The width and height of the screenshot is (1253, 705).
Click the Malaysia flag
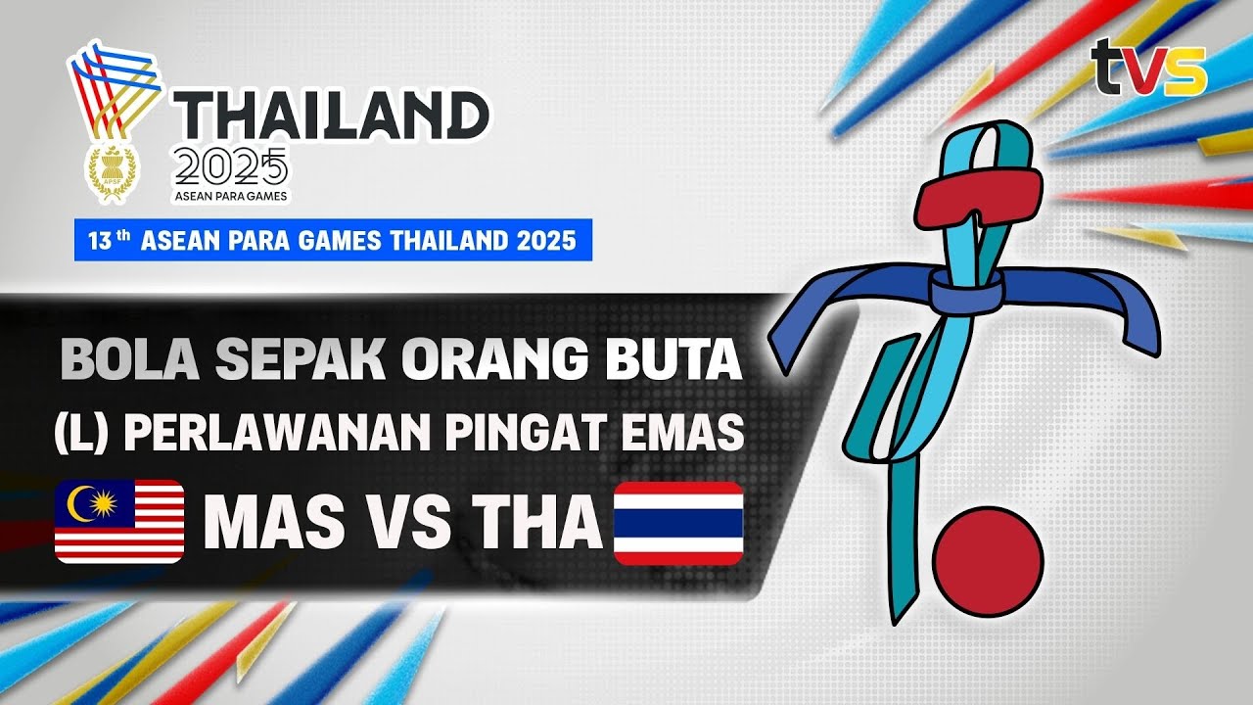pyautogui.click(x=119, y=521)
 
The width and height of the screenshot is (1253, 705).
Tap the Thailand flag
pyautogui.click(x=677, y=523)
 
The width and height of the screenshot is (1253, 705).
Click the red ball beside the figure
pyautogui.click(x=988, y=561)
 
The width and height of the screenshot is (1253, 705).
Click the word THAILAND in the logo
pyautogui.click(x=332, y=117)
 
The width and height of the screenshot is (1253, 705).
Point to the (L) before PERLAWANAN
pyautogui.click(x=82, y=435)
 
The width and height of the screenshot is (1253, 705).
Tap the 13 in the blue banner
pyautogui.click(x=99, y=241)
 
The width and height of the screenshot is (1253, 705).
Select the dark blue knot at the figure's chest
pyautogui.click(x=963, y=291)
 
